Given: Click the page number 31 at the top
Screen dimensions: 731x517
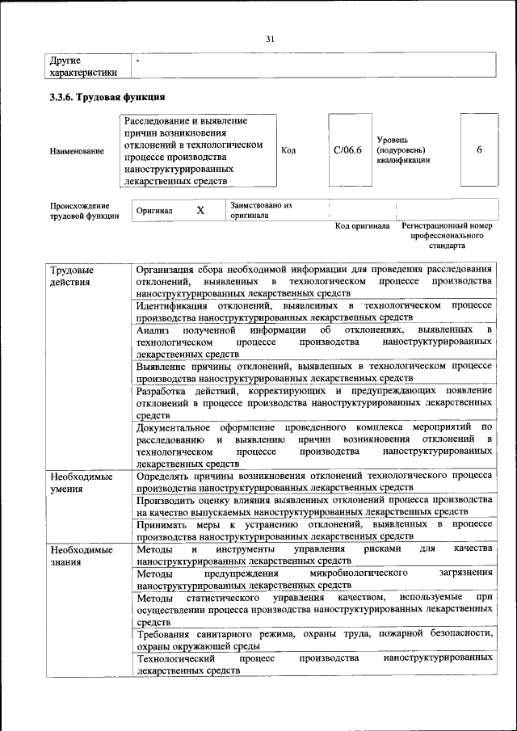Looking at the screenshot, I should tap(270, 38).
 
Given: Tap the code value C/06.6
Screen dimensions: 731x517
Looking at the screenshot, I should tap(347, 150).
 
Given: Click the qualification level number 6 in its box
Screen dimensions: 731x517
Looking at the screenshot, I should tap(479, 150).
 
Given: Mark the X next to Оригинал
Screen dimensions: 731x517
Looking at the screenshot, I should tap(200, 210).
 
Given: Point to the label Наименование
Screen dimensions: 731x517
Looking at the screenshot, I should tap(77, 151).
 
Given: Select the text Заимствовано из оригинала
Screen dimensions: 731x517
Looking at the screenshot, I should tap(260, 211).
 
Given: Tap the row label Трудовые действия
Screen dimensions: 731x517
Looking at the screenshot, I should tap(71, 275).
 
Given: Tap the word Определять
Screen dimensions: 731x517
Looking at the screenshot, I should tap(168, 477).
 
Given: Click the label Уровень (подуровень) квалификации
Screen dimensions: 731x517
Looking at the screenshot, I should tap(403, 150).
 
